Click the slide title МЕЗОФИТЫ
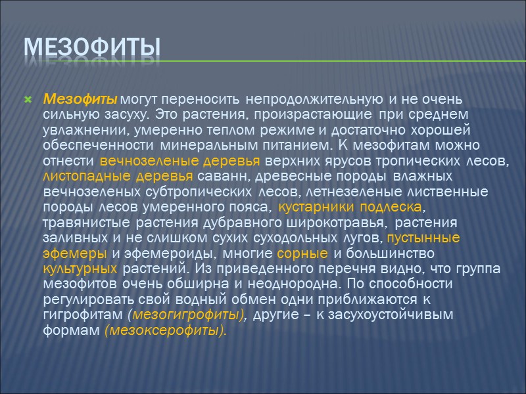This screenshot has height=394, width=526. (92, 48)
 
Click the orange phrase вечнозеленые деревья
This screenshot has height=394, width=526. (181, 160)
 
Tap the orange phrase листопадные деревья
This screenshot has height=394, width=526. (118, 176)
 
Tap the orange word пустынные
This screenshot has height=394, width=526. (423, 237)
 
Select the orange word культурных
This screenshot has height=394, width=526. (80, 268)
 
